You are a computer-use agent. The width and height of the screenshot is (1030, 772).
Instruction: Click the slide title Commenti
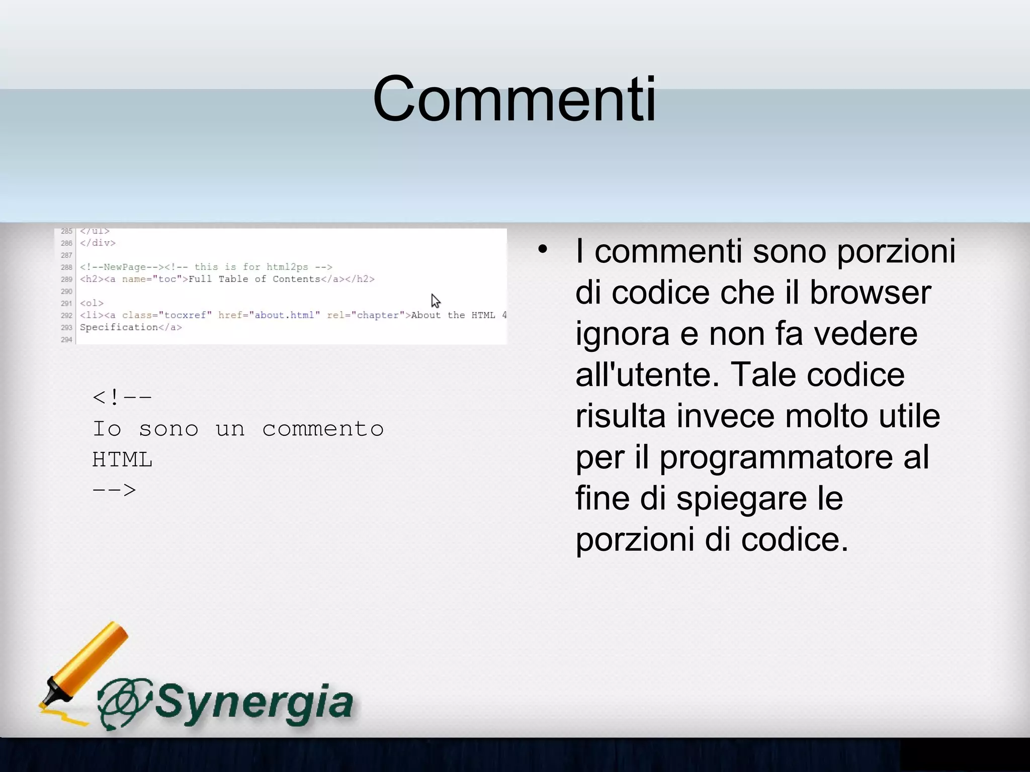click(x=514, y=99)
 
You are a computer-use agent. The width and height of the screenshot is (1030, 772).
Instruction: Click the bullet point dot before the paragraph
click(x=542, y=249)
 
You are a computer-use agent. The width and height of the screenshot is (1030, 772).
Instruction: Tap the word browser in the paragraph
click(x=870, y=293)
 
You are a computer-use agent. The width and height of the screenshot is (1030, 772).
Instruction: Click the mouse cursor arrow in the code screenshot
click(x=435, y=301)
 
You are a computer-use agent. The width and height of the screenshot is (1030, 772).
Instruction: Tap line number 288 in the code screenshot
click(x=66, y=267)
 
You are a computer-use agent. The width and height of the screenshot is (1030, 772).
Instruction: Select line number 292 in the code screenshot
click(x=66, y=316)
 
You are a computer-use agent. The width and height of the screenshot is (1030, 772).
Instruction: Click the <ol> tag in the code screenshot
click(x=92, y=304)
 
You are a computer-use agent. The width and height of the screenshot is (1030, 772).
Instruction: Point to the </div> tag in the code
click(x=98, y=243)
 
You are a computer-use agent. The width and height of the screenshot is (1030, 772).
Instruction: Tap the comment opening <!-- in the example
click(x=122, y=398)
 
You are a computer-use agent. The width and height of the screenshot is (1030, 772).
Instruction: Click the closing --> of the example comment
click(x=114, y=490)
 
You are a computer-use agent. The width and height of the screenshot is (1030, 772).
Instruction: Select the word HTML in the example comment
click(x=122, y=460)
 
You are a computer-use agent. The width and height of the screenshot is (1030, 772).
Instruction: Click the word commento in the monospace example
click(x=323, y=429)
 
